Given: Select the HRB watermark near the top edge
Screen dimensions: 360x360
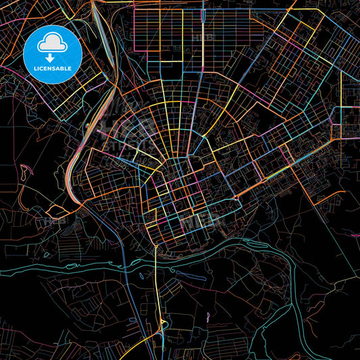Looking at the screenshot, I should point(201,39).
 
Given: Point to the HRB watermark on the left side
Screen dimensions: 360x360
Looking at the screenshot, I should point(55,220).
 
